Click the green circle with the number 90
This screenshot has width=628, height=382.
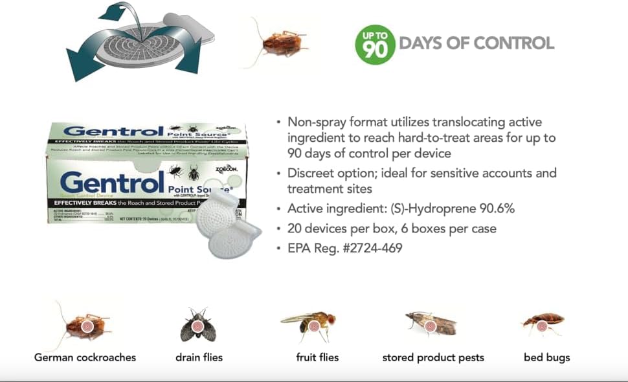pos(375,45)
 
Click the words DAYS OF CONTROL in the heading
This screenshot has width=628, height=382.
pos(477,43)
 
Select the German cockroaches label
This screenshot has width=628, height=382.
pos(85,357)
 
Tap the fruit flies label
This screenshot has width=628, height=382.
pos(317,357)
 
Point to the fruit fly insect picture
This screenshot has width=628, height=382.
pos(308,324)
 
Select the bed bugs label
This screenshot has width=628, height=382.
pos(547,357)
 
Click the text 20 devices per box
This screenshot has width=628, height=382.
pos(336,228)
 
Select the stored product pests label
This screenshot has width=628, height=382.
pos(432,357)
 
